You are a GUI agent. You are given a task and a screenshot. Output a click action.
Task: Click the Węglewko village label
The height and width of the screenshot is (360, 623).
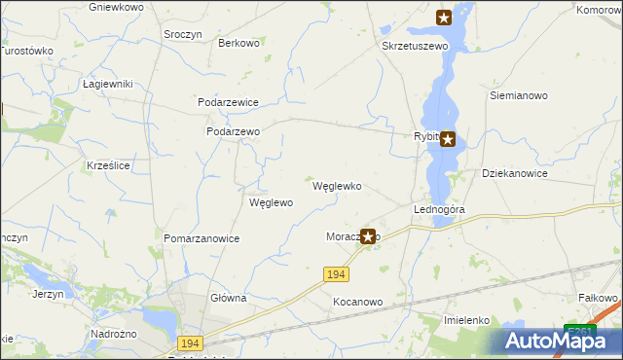(337, 186)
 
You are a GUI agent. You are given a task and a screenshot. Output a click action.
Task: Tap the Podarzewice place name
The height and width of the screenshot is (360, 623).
(228, 101)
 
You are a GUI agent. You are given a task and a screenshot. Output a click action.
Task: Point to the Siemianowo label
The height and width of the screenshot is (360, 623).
(519, 96)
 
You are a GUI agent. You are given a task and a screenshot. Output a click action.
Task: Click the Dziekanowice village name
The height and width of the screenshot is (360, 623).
(515, 173)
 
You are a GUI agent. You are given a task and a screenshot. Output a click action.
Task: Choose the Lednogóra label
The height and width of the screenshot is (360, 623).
(439, 209)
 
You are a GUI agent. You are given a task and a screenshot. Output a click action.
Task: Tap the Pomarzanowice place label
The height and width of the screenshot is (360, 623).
(202, 238)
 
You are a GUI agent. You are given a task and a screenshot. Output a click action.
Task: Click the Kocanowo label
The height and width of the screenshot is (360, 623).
(357, 302)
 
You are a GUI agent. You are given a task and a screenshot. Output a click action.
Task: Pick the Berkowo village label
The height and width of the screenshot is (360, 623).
(238, 43)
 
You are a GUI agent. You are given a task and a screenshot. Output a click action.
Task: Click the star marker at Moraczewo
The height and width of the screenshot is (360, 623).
(368, 235)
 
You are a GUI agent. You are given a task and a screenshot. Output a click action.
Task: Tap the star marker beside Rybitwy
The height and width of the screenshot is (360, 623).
(447, 139)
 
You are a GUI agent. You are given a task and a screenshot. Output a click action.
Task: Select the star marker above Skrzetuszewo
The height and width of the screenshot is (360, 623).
(444, 17)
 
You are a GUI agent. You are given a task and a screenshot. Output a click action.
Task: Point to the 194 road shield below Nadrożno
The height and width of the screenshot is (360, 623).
(190, 343)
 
